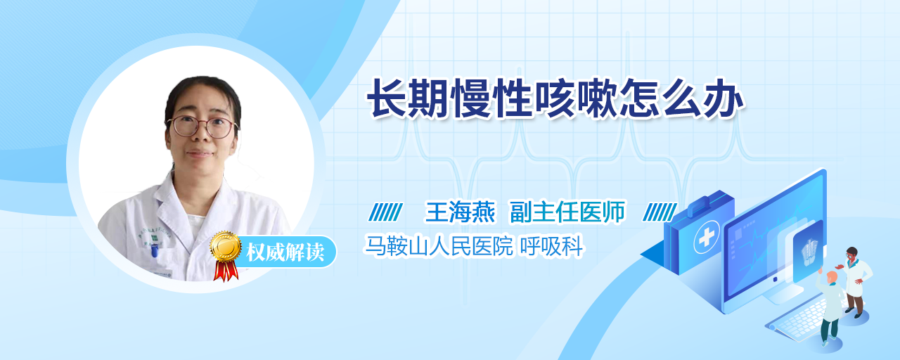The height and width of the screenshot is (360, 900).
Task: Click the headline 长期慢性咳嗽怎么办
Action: [555, 99]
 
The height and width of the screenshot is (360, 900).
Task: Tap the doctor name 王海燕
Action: [460, 212]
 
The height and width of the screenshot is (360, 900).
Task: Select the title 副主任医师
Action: [567, 212]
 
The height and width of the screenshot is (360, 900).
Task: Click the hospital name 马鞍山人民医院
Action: [438, 246]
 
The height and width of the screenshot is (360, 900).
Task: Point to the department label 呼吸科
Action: [551, 246]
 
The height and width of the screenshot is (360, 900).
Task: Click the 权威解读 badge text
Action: [285, 252]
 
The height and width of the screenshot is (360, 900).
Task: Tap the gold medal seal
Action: [226, 246]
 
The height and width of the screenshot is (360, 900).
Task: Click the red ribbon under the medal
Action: [226, 271]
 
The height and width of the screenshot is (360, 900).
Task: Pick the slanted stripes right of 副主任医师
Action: [660, 212]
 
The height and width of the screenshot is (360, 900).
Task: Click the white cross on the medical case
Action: [707, 238]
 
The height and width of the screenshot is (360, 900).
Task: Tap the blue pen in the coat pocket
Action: [154, 250]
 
